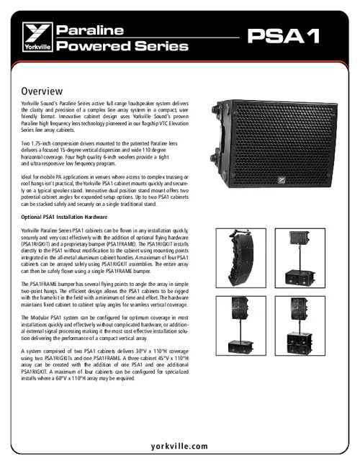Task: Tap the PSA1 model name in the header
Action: [x=283, y=36]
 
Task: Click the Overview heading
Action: [x=45, y=91]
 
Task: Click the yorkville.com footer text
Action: [x=179, y=446]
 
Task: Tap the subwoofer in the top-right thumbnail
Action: [x=298, y=276]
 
